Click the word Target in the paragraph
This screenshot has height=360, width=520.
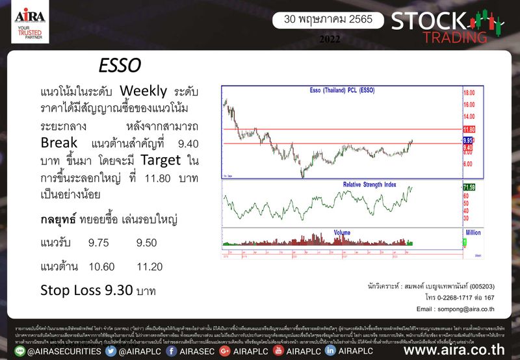pos(162,160)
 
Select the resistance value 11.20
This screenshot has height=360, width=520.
pos(149,266)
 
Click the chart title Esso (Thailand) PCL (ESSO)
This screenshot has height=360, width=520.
pos(341,90)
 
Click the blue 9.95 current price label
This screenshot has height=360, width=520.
pos(468,140)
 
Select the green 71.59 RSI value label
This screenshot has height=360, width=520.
pos(469,187)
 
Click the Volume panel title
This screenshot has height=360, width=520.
pos(342,232)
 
